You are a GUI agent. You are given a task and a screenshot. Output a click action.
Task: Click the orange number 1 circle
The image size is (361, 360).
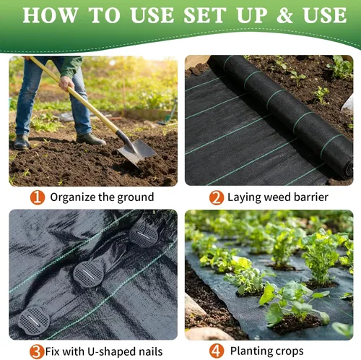click(x=38, y=197)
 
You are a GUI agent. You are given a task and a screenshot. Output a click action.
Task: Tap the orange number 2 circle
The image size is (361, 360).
click(x=217, y=198)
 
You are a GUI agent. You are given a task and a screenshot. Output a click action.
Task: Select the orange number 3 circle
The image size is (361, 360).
click(x=37, y=351)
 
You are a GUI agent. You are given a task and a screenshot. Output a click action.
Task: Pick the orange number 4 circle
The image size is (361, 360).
click(x=217, y=351)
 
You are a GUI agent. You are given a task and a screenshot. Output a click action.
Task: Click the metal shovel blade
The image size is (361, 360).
click(x=136, y=152)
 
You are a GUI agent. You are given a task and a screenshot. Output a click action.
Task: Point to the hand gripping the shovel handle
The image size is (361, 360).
click(x=66, y=83)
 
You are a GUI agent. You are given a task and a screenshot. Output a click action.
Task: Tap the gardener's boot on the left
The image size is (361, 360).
click(x=22, y=142)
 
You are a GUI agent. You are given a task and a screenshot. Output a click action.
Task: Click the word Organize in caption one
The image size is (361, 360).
click(x=73, y=197)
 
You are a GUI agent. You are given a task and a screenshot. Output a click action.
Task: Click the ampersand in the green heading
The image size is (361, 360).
click(x=284, y=16)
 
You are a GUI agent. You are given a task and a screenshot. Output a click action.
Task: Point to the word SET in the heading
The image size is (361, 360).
click(x=204, y=15)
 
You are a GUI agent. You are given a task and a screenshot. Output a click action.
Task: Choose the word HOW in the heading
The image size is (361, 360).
click(x=51, y=15)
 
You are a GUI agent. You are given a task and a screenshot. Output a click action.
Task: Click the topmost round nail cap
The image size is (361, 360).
click(x=144, y=234)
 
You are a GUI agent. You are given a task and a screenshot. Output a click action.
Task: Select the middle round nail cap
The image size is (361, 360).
click(x=88, y=275)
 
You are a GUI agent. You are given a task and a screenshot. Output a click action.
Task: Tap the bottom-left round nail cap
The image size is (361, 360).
click(x=34, y=321)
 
